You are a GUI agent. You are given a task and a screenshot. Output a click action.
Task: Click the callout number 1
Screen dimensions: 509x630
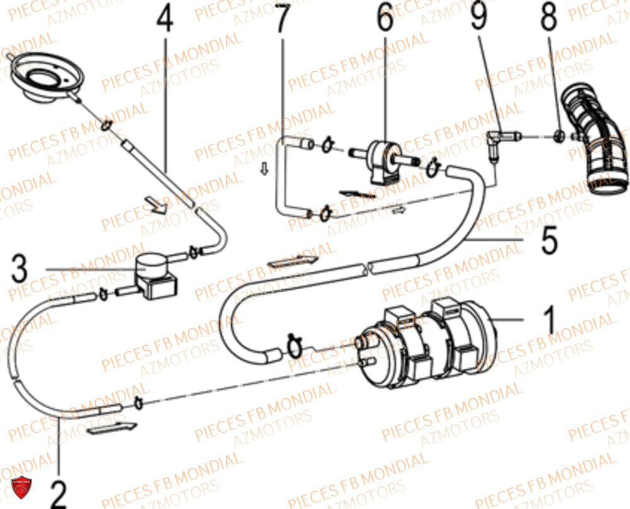click(549, 321)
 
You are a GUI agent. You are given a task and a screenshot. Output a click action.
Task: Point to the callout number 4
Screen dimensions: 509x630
click(165, 20)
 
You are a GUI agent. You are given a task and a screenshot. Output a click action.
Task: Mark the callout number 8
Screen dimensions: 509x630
click(549, 18)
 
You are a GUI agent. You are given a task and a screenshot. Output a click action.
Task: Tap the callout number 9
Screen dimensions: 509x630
click(479, 16)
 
